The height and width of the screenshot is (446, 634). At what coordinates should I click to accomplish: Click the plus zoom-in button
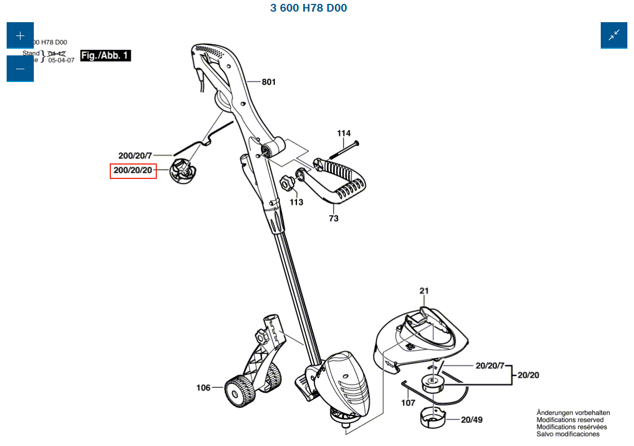(x=20, y=35)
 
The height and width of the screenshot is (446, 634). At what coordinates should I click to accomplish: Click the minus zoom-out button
(x=20, y=68)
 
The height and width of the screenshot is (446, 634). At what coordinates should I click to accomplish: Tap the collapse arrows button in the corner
(x=613, y=35)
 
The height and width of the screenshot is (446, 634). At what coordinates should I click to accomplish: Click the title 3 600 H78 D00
(x=309, y=8)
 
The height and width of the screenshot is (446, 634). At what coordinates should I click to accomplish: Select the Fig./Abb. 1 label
(x=105, y=55)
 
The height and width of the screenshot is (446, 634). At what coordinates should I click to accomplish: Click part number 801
(x=269, y=82)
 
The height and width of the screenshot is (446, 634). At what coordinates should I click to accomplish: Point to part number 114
(x=344, y=133)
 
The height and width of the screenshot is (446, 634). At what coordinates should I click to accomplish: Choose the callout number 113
(x=296, y=202)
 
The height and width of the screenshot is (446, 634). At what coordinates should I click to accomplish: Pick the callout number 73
(x=334, y=218)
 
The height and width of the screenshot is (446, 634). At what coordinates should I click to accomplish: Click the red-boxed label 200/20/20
(x=133, y=171)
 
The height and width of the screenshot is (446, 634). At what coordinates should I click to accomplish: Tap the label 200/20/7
(x=135, y=156)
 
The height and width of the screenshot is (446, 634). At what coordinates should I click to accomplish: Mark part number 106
(x=203, y=388)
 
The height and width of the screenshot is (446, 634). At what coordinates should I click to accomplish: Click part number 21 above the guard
(x=425, y=291)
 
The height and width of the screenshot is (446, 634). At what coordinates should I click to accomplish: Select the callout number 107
(x=408, y=403)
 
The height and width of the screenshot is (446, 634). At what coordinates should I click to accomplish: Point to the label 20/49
(x=472, y=420)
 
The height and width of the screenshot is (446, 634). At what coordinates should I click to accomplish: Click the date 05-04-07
(x=61, y=60)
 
